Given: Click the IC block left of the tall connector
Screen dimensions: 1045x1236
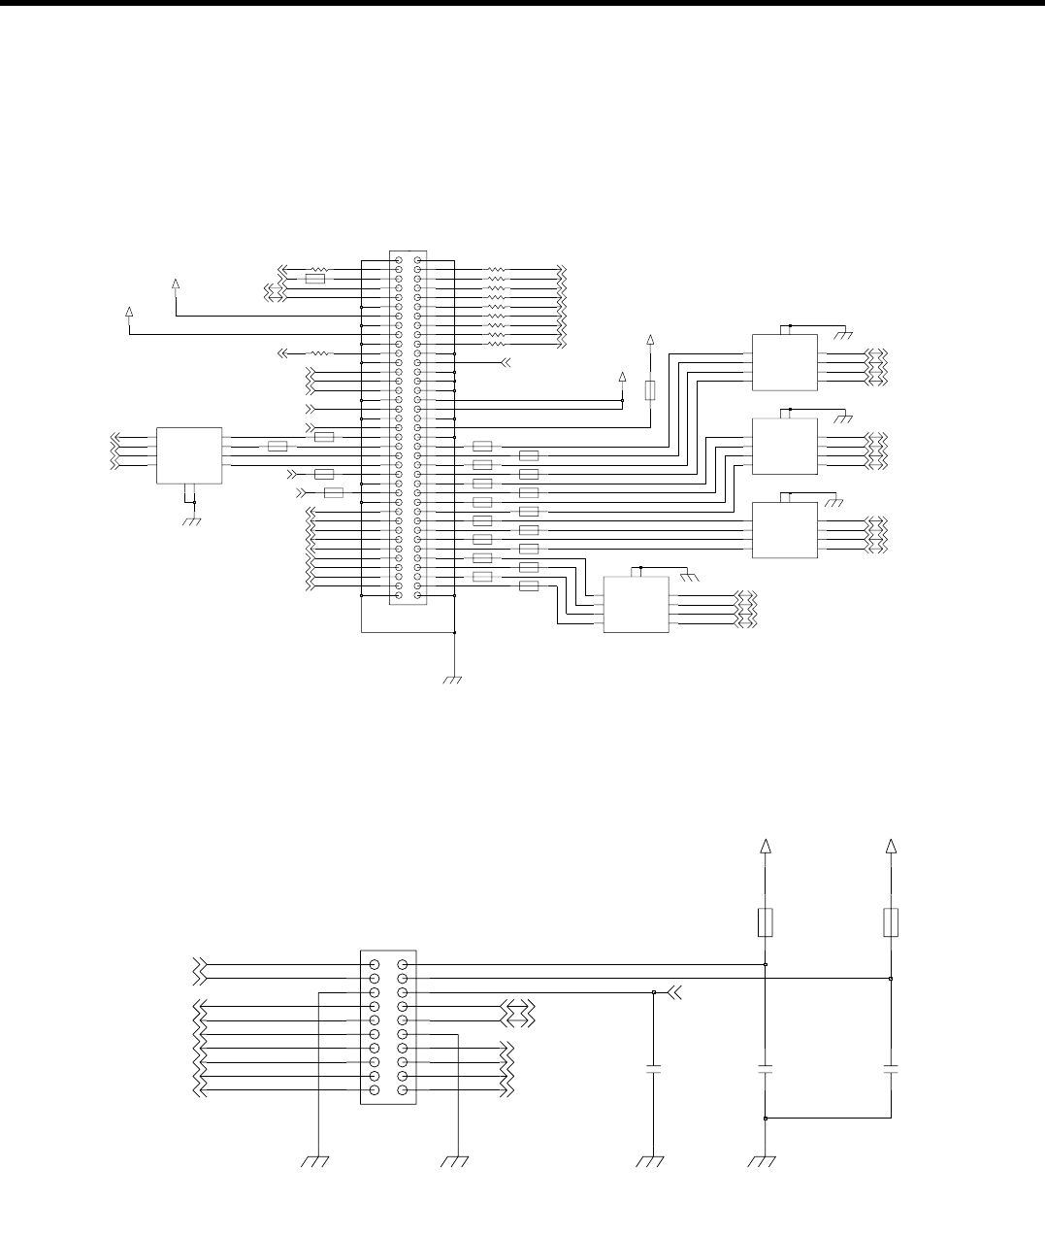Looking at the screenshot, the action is click(x=189, y=453).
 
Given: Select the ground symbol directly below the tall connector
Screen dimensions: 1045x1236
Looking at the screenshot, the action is click(x=452, y=680).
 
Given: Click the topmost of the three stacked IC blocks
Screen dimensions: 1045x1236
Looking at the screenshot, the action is click(x=784, y=362).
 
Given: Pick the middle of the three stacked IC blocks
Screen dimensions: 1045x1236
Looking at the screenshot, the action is click(x=784, y=446).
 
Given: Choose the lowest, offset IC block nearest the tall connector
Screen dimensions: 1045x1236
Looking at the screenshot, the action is click(x=637, y=604).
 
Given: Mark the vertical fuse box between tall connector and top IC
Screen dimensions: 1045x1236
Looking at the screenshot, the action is click(x=649, y=389).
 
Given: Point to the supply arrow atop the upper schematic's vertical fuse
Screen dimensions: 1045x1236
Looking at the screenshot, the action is click(x=650, y=340).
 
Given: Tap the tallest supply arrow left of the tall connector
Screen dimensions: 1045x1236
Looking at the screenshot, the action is click(x=176, y=284).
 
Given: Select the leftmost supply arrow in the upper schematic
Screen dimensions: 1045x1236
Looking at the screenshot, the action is click(x=130, y=312).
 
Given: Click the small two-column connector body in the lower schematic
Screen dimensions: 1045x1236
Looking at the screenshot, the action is click(x=388, y=1026).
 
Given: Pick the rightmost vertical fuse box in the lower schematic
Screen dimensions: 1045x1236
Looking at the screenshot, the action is click(x=891, y=922).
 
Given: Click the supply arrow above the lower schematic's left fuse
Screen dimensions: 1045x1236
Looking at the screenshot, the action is click(x=766, y=847).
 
